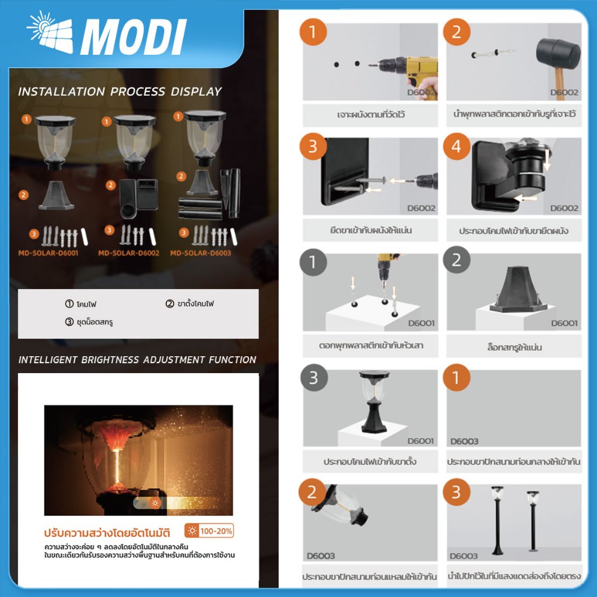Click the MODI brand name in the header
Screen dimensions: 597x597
(133, 37)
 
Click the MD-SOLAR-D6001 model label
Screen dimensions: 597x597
(48, 253)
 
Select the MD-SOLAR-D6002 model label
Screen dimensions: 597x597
(128, 253)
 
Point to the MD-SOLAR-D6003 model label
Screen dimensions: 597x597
(201, 253)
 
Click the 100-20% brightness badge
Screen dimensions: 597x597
(209, 531)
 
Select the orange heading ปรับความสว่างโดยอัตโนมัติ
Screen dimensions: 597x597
(107, 532)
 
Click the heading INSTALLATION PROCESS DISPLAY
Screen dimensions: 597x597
(120, 92)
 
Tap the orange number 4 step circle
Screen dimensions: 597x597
(456, 146)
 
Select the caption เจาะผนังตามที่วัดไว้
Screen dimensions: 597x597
(371, 114)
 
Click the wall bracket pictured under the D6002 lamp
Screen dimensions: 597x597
(139, 198)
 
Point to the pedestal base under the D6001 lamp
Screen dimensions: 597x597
(57, 196)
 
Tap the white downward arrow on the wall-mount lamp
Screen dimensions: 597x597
(547, 160)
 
